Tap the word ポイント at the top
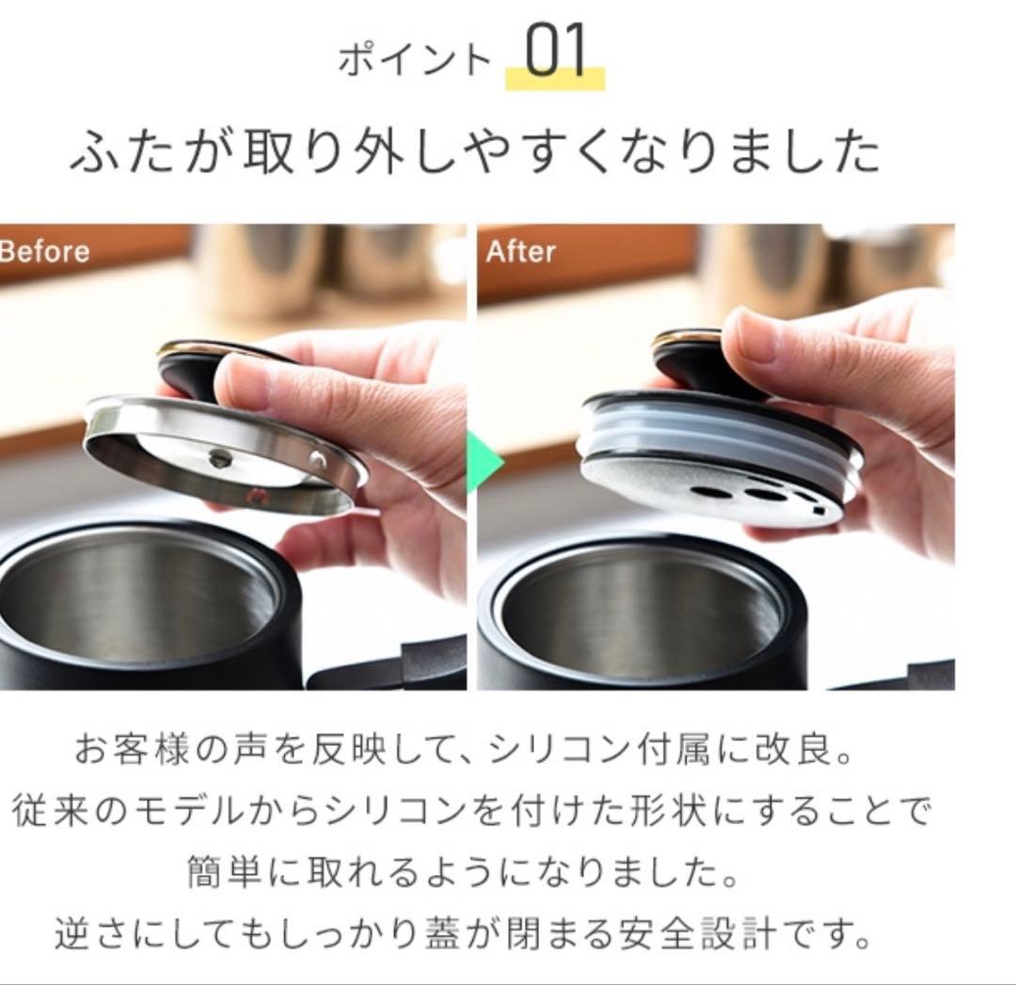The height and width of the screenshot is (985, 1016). click(x=415, y=60)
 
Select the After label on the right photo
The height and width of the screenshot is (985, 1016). click(x=520, y=251)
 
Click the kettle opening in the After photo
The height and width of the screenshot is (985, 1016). click(x=640, y=612)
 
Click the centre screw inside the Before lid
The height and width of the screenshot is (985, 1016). click(x=219, y=458)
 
